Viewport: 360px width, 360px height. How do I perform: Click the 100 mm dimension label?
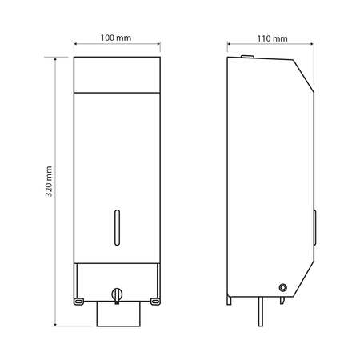point(116,38)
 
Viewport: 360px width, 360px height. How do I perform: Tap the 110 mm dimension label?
point(272,38)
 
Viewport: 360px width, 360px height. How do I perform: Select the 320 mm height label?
point(49,182)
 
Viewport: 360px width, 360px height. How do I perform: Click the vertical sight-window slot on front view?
point(117,227)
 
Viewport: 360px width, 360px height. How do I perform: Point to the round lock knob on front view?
point(117,295)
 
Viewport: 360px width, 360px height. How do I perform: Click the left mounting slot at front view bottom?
point(78,302)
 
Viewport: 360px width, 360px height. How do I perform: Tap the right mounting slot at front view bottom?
point(155,302)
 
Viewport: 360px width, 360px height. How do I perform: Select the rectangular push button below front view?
point(118,314)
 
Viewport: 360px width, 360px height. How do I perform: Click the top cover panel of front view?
point(117,74)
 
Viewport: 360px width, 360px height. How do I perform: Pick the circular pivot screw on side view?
point(282,287)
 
